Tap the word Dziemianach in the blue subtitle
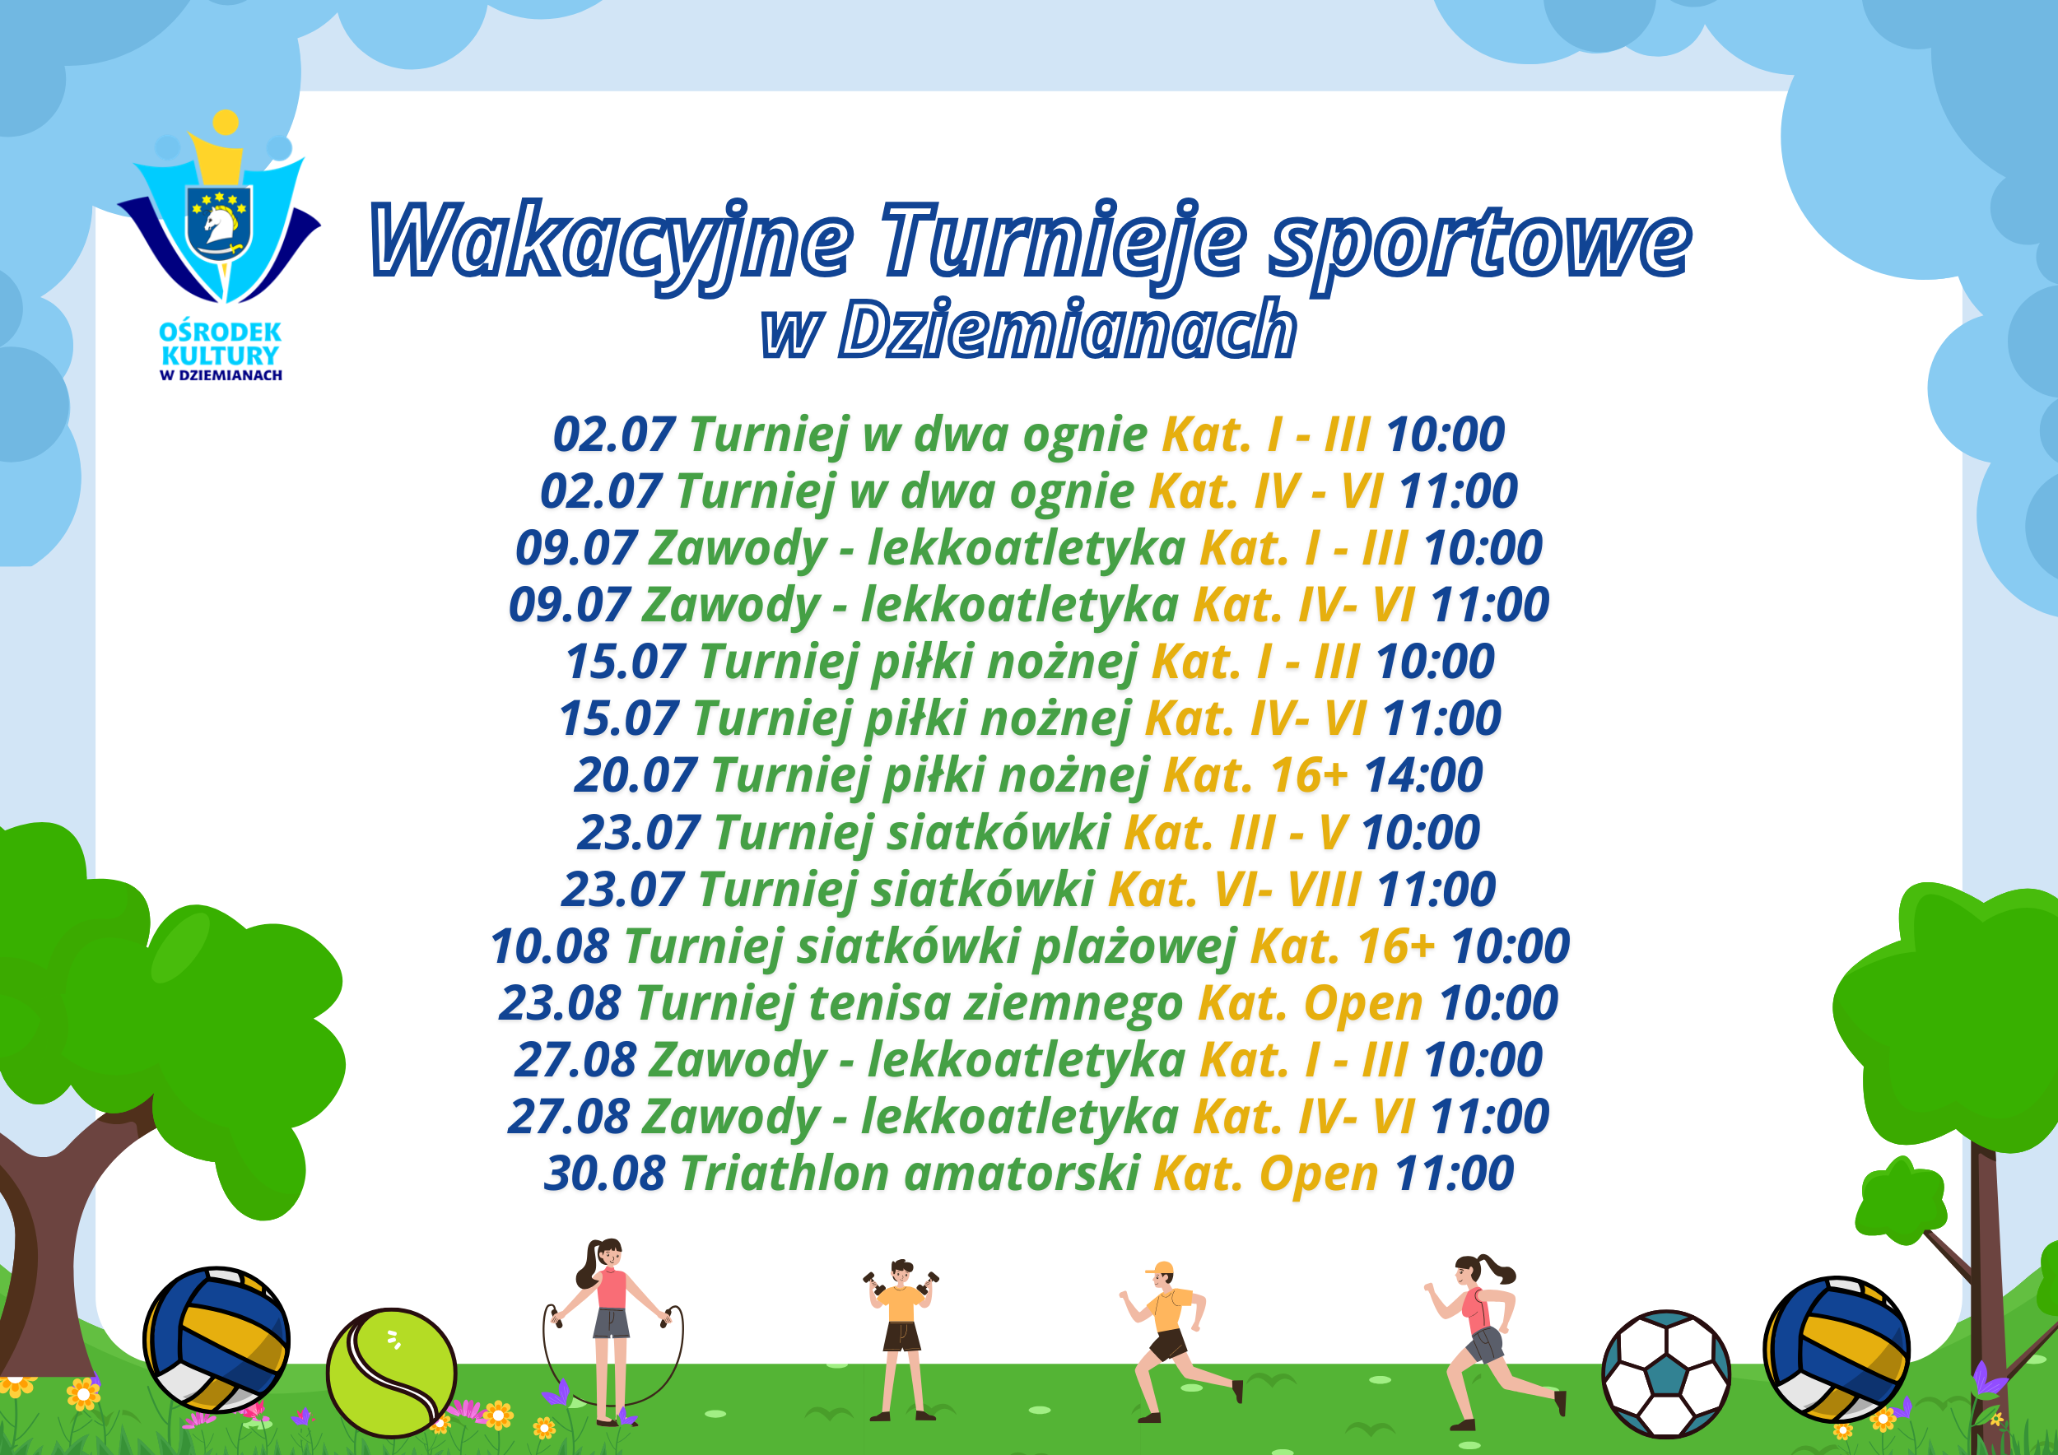(x=1068, y=329)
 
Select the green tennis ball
(x=392, y=1373)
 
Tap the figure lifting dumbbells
(x=901, y=1340)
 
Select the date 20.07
(x=635, y=776)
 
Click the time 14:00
(x=1423, y=776)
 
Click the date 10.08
(x=549, y=947)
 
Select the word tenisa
(x=879, y=1003)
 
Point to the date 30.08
(x=605, y=1174)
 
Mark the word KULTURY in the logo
(x=221, y=356)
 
